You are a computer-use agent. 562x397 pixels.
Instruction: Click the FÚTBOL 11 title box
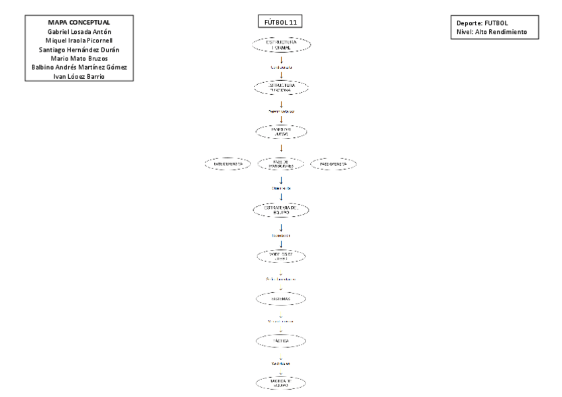pos(281,22)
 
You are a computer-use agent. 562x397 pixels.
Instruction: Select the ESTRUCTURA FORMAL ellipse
pos(282,44)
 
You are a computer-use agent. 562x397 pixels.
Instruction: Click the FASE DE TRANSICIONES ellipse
pos(282,164)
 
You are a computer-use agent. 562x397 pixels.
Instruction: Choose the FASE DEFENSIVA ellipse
pos(227,164)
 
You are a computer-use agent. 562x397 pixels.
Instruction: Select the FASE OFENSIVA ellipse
pos(333,164)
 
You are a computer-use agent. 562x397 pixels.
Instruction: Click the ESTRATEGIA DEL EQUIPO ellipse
pos(282,210)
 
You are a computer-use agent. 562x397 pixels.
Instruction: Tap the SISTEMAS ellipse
pos(282,300)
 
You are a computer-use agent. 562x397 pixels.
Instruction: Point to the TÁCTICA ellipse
pos(282,341)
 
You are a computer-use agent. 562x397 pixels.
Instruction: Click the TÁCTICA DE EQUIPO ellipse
pos(282,383)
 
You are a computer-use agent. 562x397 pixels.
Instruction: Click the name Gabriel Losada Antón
pos(78,30)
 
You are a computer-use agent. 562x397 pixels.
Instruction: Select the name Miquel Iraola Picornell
pos(78,40)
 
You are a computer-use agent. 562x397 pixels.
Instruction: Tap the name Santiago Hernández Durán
pos(78,49)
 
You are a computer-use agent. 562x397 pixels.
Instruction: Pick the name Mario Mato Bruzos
pos(78,58)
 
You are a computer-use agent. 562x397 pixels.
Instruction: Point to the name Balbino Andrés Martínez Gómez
pos(78,68)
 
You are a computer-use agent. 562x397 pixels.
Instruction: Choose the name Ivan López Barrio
pos(78,77)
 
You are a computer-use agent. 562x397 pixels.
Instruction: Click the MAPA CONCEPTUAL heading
pos(78,21)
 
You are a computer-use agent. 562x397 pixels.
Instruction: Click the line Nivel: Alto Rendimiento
pos(492,31)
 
